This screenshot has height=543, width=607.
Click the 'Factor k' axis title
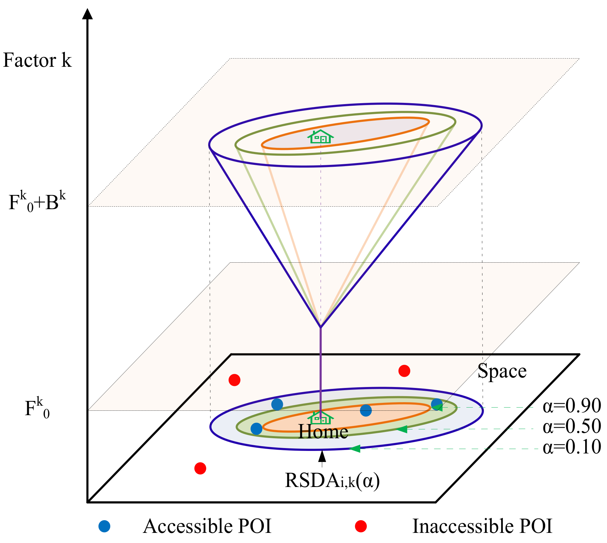click(x=37, y=60)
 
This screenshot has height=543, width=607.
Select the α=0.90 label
click(x=572, y=406)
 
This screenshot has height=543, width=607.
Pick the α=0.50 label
click(x=572, y=426)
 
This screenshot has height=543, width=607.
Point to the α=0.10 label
click(x=572, y=447)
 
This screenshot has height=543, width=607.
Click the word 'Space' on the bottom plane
click(x=502, y=371)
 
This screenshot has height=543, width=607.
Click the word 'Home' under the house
click(x=323, y=432)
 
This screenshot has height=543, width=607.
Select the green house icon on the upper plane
click(x=320, y=137)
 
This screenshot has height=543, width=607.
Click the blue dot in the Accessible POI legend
click(x=104, y=526)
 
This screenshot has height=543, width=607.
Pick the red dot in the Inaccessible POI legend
click(x=361, y=526)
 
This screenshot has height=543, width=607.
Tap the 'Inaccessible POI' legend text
click(x=482, y=526)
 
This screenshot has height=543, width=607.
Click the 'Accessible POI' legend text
click(x=207, y=526)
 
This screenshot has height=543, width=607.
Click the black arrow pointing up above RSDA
click(x=322, y=457)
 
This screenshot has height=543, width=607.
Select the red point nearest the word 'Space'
click(x=404, y=371)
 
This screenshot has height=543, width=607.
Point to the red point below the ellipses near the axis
click(x=200, y=468)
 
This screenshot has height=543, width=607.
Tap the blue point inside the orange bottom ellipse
click(x=366, y=411)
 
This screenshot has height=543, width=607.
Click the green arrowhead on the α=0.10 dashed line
click(x=355, y=448)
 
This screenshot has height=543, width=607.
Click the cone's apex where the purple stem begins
click(x=321, y=327)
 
